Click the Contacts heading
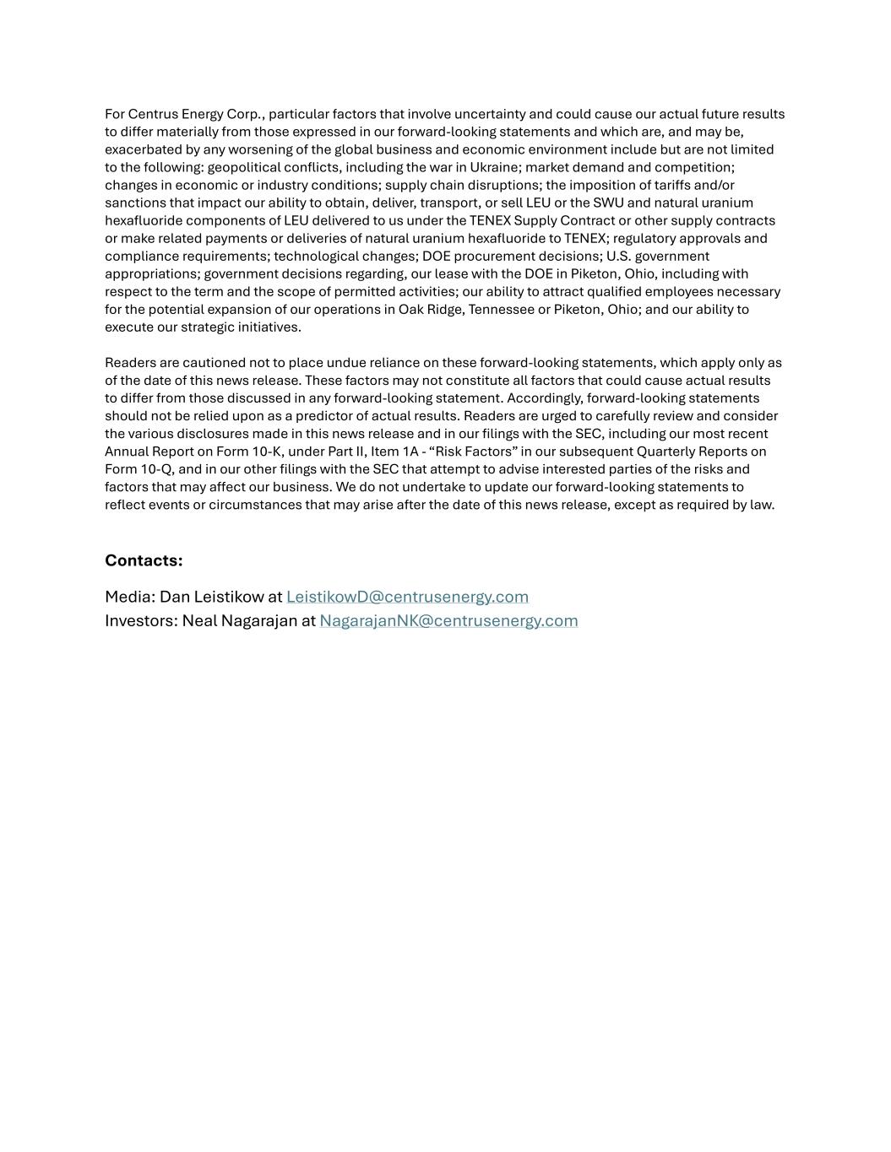tap(144, 560)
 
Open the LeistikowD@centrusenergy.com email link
tap(407, 597)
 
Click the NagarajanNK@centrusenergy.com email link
tap(448, 620)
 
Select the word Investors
tap(139, 620)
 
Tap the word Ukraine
tap(493, 167)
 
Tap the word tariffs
tap(672, 185)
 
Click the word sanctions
tap(133, 203)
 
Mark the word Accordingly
tap(544, 398)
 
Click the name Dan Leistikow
tap(211, 597)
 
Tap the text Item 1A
tap(394, 452)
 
